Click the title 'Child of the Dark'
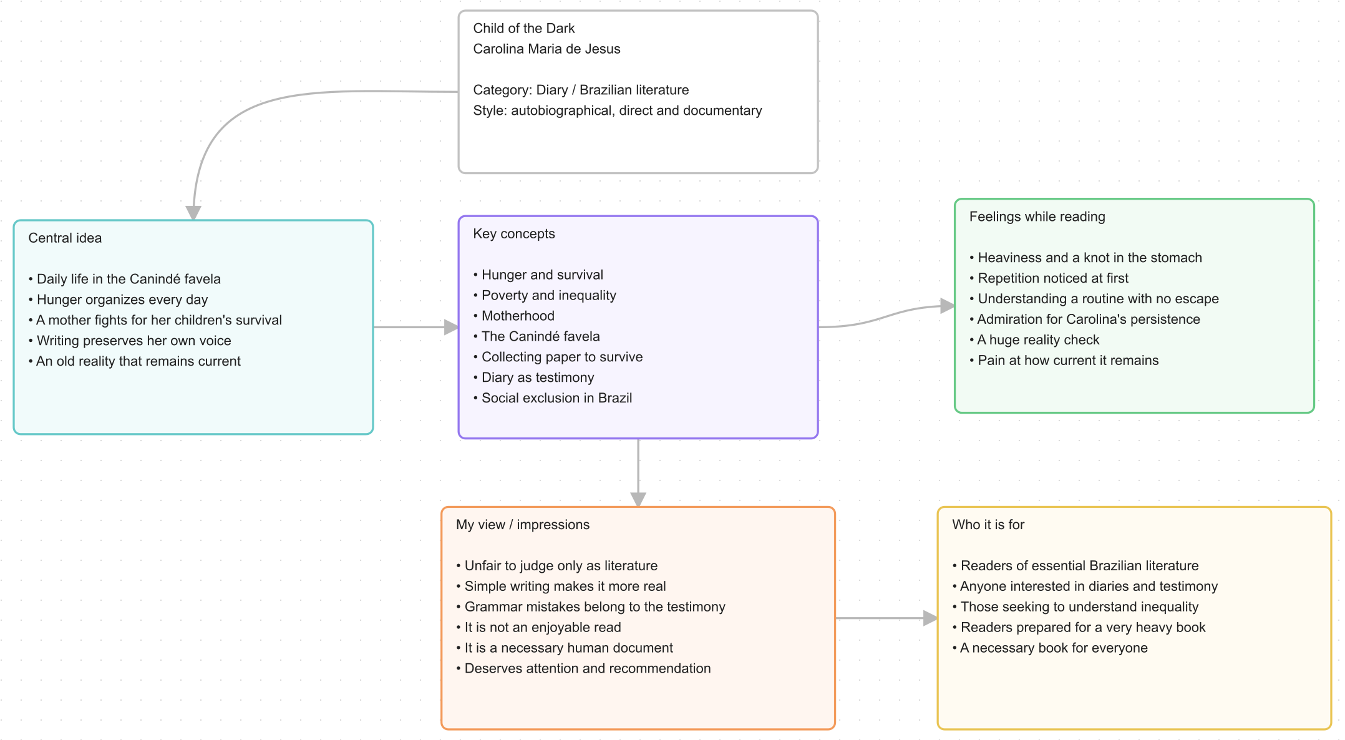[524, 28]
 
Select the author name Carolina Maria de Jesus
[546, 49]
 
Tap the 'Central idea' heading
[65, 238]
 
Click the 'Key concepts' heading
[514, 233]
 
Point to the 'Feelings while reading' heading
[1037, 217]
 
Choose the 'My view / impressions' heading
[523, 525]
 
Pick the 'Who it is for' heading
[988, 525]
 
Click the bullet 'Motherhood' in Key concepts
[513, 316]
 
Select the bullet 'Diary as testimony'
[533, 377]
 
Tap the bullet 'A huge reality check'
[1034, 340]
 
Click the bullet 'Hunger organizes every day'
[118, 299]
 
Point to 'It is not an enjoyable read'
[538, 628]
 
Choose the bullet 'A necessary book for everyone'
[1050, 648]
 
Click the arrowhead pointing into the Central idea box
[193, 212]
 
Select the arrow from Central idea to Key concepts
[416, 327]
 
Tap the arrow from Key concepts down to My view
[638, 472]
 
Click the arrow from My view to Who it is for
[886, 618]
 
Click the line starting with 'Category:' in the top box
[581, 90]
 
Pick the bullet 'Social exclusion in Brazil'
[553, 398]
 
